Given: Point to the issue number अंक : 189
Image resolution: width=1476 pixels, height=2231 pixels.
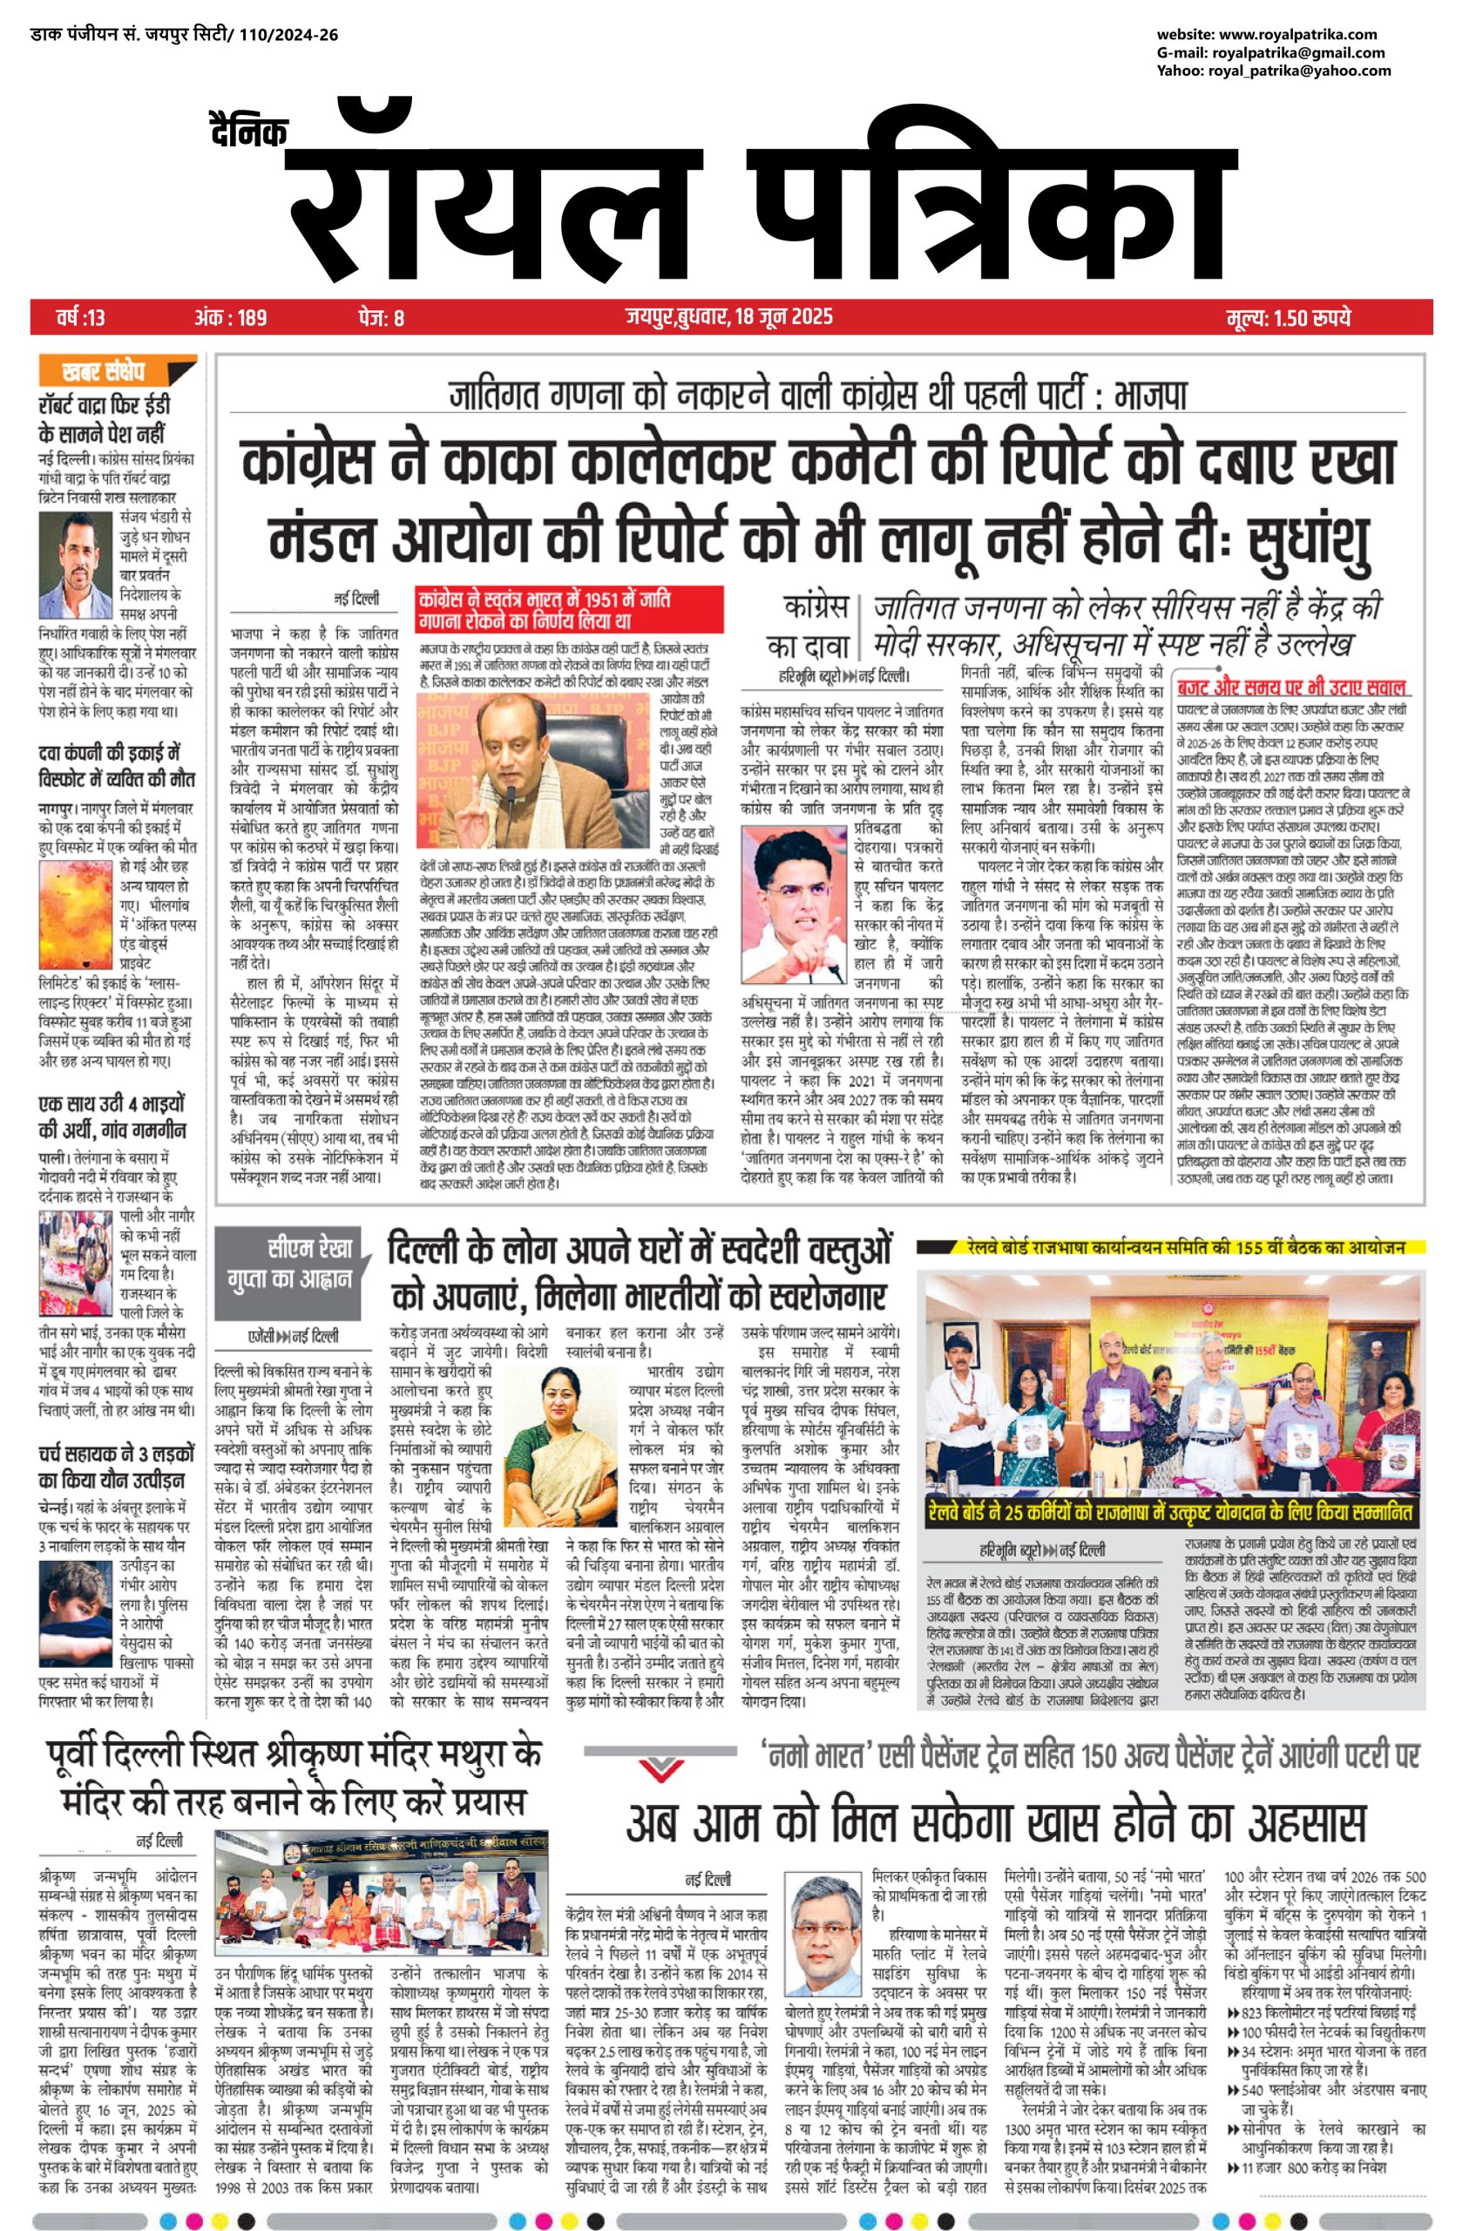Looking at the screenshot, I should point(231,317).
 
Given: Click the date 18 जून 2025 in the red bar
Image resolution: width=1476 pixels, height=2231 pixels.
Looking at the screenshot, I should point(781,316).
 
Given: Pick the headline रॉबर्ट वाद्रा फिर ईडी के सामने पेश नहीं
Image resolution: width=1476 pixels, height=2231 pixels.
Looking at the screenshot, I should point(104,420).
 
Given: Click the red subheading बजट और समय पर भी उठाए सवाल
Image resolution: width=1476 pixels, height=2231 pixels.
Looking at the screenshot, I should point(1293,688).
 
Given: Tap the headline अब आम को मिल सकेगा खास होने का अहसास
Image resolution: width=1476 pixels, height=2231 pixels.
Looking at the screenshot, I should point(996,1822).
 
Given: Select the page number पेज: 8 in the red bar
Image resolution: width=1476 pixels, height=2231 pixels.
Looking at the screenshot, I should point(382,317).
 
